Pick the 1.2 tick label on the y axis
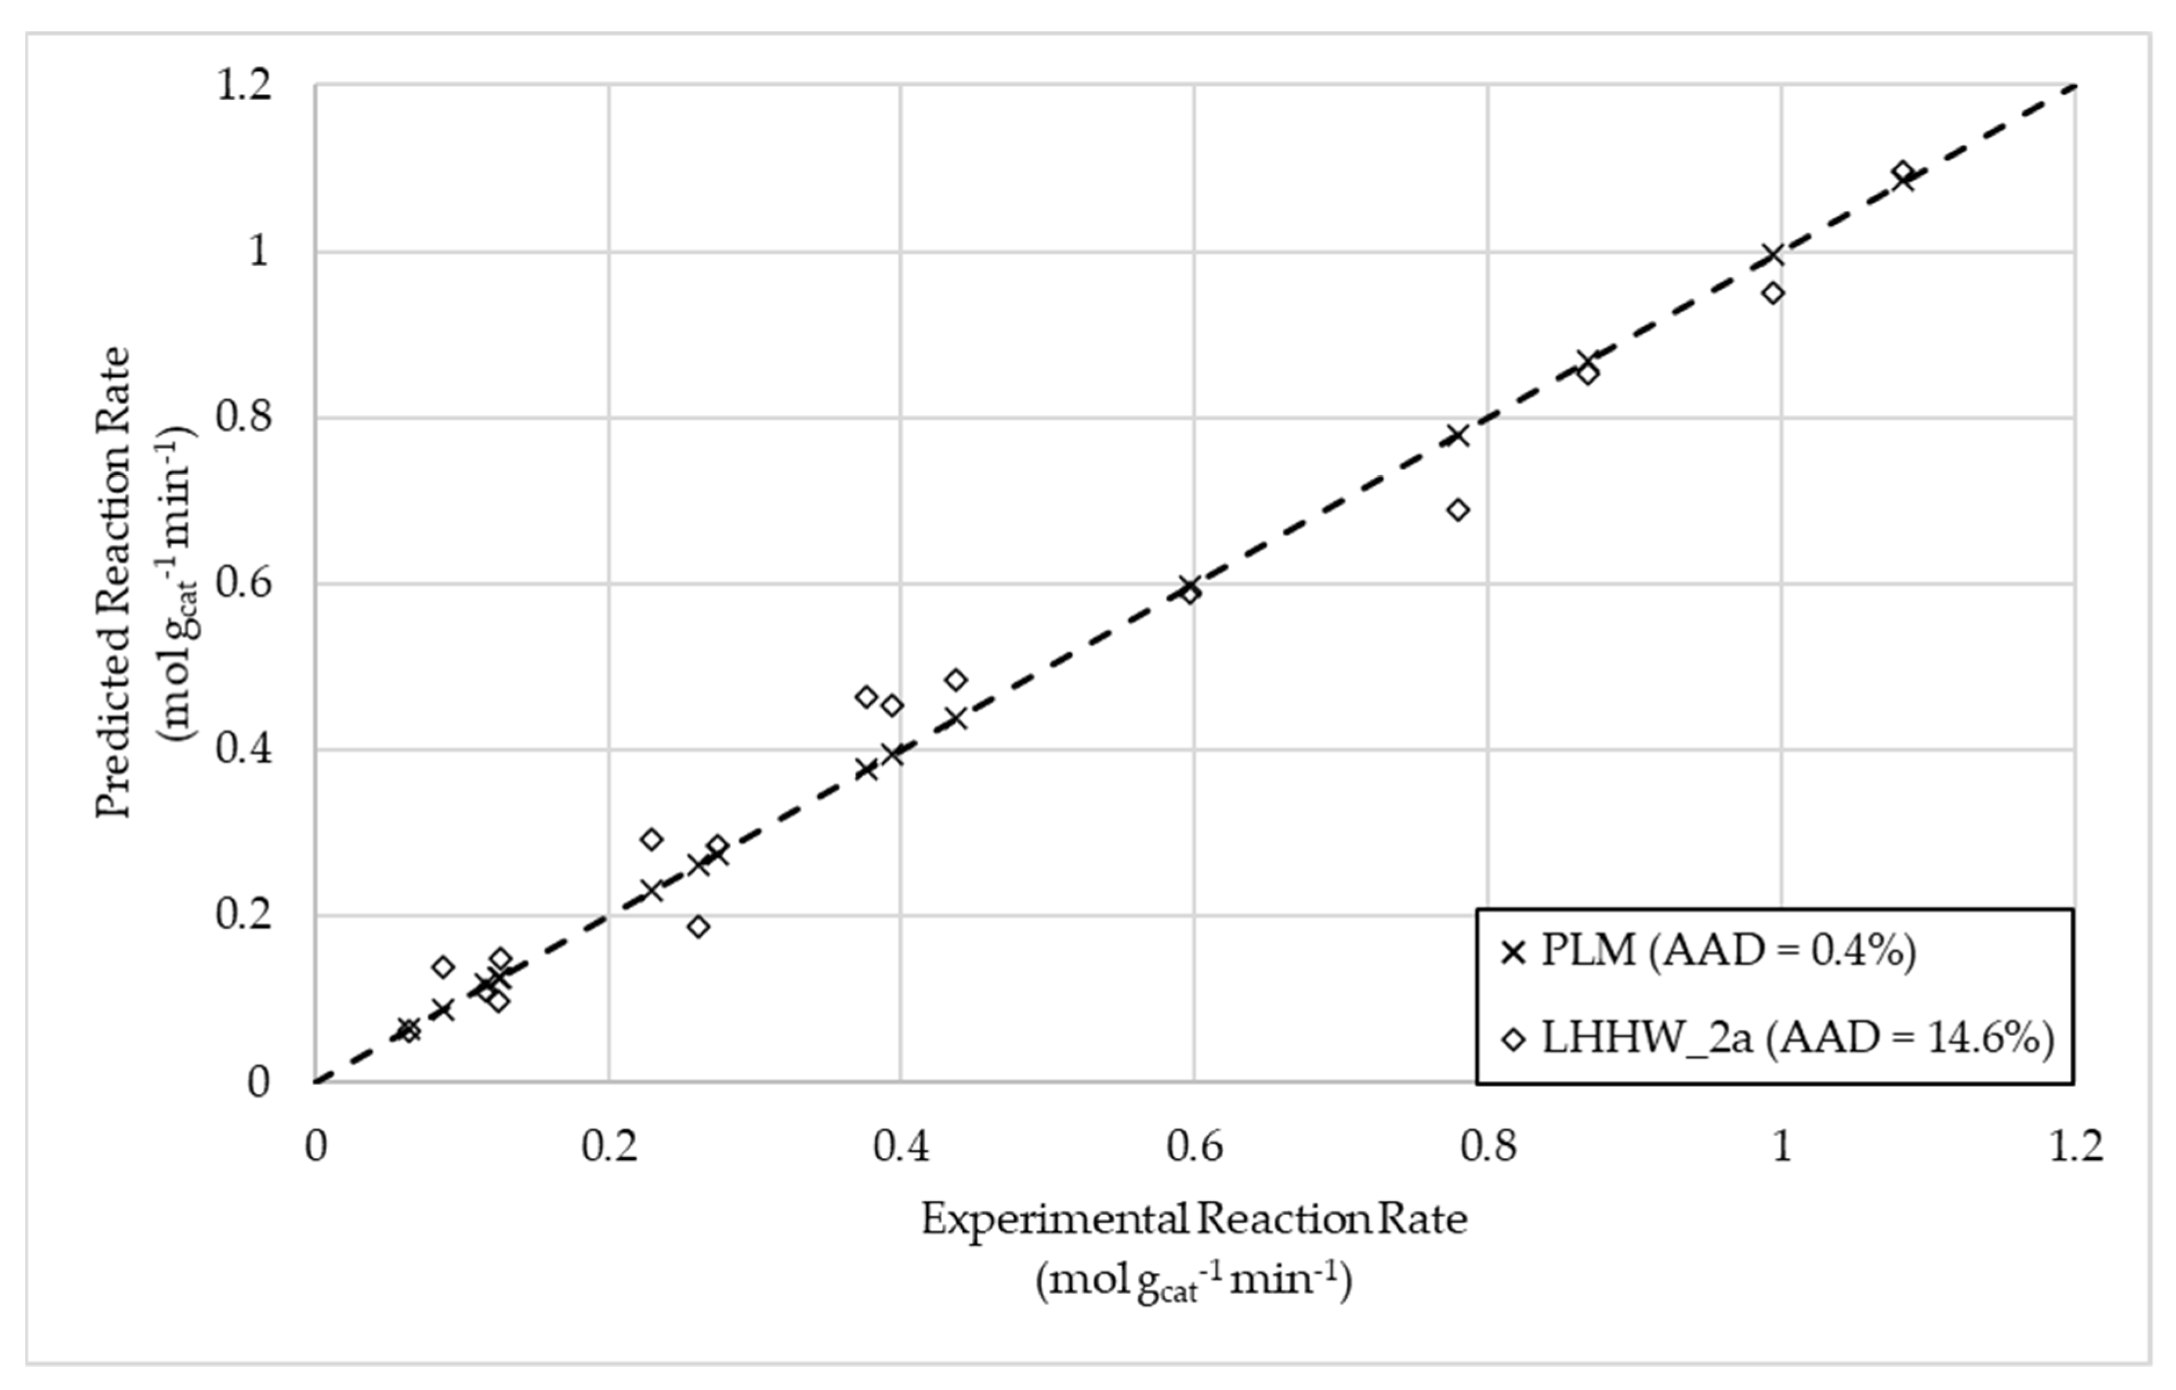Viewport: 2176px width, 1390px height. click(242, 87)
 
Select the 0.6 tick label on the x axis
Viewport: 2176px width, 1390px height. click(1194, 1146)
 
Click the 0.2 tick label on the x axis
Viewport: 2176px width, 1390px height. click(608, 1146)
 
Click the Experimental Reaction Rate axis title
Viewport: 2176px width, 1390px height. click(1194, 1220)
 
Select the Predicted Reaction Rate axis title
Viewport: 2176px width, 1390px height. click(115, 583)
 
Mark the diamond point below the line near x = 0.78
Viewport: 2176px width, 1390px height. click(1458, 510)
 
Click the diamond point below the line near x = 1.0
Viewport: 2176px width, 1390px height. click(1773, 293)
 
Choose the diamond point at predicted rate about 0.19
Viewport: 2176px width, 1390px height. click(698, 926)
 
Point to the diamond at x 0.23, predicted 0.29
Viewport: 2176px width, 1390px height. click(651, 839)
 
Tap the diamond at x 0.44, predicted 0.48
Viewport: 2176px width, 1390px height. click(956, 680)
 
